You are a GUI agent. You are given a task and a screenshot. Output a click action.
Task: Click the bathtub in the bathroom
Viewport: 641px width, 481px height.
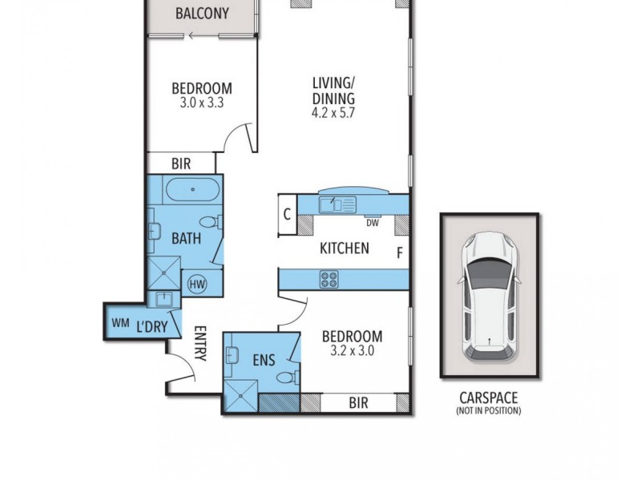pos(192,192)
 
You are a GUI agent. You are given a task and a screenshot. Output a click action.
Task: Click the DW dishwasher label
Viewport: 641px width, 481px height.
pos(372,222)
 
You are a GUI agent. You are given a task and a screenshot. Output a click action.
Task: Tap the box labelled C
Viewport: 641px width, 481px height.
pos(287,216)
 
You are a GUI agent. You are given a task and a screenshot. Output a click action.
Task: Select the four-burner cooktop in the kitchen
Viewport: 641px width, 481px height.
pos(329,280)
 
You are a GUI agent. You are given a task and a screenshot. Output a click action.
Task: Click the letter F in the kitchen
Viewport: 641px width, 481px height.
pos(399,253)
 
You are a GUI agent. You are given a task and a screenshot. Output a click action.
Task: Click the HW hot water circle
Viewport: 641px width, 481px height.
pos(196,283)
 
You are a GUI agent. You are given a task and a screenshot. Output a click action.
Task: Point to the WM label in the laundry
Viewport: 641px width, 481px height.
pos(120,323)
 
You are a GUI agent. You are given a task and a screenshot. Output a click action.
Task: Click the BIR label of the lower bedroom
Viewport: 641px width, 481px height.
pos(358,404)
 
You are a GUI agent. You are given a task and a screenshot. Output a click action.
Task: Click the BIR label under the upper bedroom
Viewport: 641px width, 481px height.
pos(180,164)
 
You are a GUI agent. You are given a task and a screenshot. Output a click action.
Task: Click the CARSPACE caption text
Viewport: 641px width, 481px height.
pos(489,397)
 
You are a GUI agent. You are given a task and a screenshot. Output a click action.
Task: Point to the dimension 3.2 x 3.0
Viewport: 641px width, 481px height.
pos(352,351)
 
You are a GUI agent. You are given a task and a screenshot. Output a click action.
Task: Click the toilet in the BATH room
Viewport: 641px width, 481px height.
pos(207,222)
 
